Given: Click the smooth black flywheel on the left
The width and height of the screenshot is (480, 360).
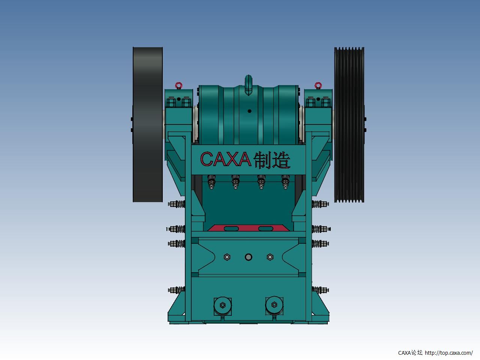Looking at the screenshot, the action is coord(148,124).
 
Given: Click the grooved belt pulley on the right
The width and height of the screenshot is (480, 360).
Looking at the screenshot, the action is coord(349,124).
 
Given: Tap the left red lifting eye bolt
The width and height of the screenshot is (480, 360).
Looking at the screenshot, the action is coord(178,85).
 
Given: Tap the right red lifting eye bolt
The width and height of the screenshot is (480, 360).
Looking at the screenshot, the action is coord(318,85).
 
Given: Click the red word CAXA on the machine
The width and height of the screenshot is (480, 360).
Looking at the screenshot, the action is coord(225,159).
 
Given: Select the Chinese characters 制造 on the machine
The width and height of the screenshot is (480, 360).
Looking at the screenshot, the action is coord(272,160).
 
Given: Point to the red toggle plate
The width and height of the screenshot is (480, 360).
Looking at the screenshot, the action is coord(248,228).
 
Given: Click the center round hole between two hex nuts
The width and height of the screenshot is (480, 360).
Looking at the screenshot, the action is coord(248,257).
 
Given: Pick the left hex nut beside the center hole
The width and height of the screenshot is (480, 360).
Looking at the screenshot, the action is coord(227,257).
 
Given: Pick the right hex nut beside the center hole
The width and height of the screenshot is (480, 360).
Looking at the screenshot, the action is coord(270,257).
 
